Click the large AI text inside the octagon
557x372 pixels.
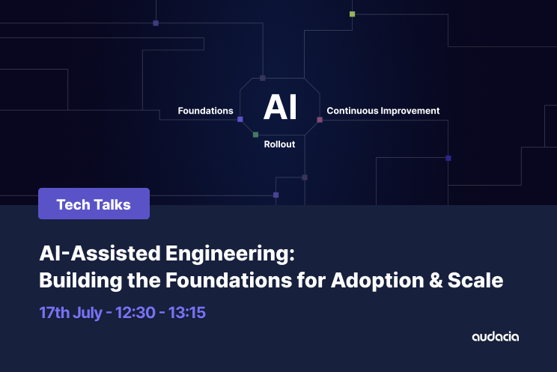tap(280, 108)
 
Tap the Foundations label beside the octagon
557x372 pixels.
tap(205, 111)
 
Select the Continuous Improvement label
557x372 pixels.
tap(383, 111)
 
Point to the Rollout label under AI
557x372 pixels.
tap(279, 144)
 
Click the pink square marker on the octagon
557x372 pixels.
tap(320, 120)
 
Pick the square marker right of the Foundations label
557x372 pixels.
tap(240, 119)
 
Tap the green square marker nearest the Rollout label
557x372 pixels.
tap(255, 135)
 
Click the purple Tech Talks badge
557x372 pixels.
tap(94, 204)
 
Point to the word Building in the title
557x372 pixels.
tap(77, 281)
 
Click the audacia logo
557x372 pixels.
tap(495, 337)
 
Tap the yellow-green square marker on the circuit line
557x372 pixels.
tap(352, 13)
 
